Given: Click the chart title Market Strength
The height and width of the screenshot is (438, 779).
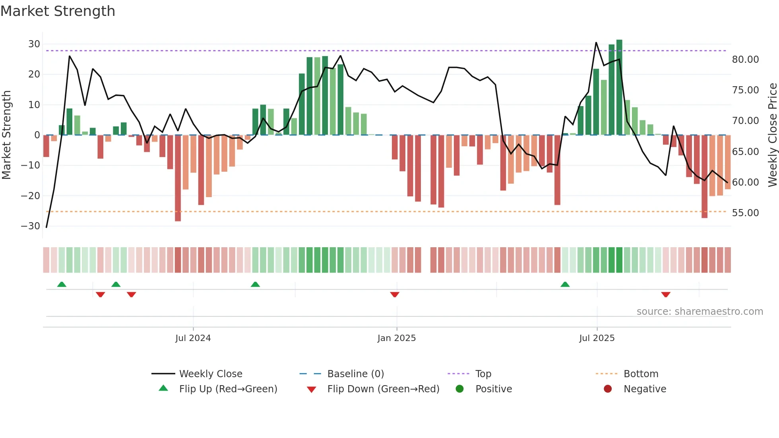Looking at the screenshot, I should [58, 11].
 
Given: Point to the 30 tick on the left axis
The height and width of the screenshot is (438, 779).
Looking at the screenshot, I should [34, 44].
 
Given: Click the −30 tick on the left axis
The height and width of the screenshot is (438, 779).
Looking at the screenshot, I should [31, 226].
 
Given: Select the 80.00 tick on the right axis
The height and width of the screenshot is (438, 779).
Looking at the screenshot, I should [745, 60].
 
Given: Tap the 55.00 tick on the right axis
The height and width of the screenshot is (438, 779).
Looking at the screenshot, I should [745, 213].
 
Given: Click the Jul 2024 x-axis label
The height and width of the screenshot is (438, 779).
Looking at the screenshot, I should [193, 338].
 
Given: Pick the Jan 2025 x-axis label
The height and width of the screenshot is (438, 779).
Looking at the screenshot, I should [397, 338].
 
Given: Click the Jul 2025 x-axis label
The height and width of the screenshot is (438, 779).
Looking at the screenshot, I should [597, 338].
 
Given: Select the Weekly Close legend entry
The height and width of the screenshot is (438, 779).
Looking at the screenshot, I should [211, 374].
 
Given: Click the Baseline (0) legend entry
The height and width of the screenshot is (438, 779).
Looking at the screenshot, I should [355, 374].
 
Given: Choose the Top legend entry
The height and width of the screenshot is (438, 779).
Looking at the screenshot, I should [483, 374].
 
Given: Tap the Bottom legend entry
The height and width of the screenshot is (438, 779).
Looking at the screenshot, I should [641, 374].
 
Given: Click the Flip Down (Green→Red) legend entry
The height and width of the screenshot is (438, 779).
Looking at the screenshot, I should [383, 389].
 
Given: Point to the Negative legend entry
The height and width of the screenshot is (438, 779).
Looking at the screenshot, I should [645, 389].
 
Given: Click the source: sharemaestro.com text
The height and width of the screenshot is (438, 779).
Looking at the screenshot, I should [700, 312].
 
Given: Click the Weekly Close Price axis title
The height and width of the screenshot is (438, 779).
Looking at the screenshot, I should [772, 135].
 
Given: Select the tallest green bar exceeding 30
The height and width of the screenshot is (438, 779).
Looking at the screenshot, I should [619, 87].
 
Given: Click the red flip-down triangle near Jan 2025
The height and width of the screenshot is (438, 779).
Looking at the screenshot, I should [395, 295].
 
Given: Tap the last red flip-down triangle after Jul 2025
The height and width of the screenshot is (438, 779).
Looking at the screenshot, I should [666, 295].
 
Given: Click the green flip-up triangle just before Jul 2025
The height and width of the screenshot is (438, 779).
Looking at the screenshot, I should [565, 284].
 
